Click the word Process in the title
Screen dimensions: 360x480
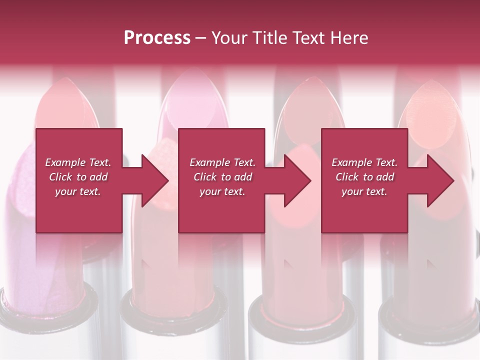[x=157, y=38]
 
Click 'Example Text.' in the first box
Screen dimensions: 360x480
[x=78, y=162]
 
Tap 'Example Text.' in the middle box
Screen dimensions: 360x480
[x=222, y=162]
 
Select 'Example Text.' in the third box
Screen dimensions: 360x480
[x=364, y=162]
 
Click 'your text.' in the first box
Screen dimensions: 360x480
[x=78, y=191]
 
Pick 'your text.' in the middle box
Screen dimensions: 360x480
[x=222, y=191]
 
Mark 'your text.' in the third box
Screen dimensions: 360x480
[x=364, y=191]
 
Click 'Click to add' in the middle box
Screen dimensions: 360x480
[x=222, y=177]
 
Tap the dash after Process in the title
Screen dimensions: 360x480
[x=201, y=38]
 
